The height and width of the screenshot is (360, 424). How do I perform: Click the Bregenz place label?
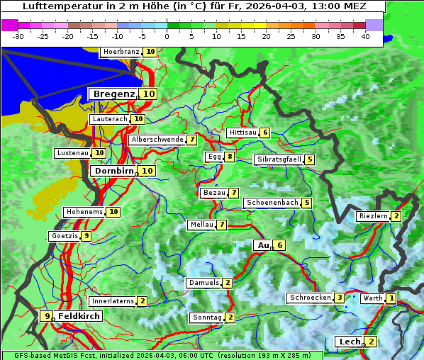click(x=113, y=94)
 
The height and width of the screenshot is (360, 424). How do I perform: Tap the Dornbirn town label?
click(x=113, y=171)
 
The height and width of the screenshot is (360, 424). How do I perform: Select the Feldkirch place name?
click(x=79, y=316)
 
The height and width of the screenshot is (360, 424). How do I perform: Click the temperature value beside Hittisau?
click(x=264, y=133)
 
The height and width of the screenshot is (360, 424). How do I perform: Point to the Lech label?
click(x=350, y=342)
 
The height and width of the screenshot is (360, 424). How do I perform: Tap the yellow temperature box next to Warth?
click(x=391, y=298)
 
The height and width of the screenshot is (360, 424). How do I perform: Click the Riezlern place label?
click(x=373, y=216)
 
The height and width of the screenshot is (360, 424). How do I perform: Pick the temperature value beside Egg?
click(x=230, y=157)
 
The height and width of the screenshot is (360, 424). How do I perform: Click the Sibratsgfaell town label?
click(x=279, y=159)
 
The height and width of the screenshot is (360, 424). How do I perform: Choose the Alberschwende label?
click(x=157, y=140)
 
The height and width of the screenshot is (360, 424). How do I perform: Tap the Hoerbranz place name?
click(x=121, y=52)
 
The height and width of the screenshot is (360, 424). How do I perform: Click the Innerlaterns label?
click(x=113, y=301)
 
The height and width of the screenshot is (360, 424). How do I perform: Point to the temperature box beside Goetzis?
click(x=86, y=236)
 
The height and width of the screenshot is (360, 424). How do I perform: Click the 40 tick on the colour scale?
click(x=364, y=35)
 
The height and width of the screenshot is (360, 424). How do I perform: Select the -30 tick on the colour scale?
click(x=18, y=35)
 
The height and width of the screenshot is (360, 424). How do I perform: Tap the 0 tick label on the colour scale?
click(x=167, y=35)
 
